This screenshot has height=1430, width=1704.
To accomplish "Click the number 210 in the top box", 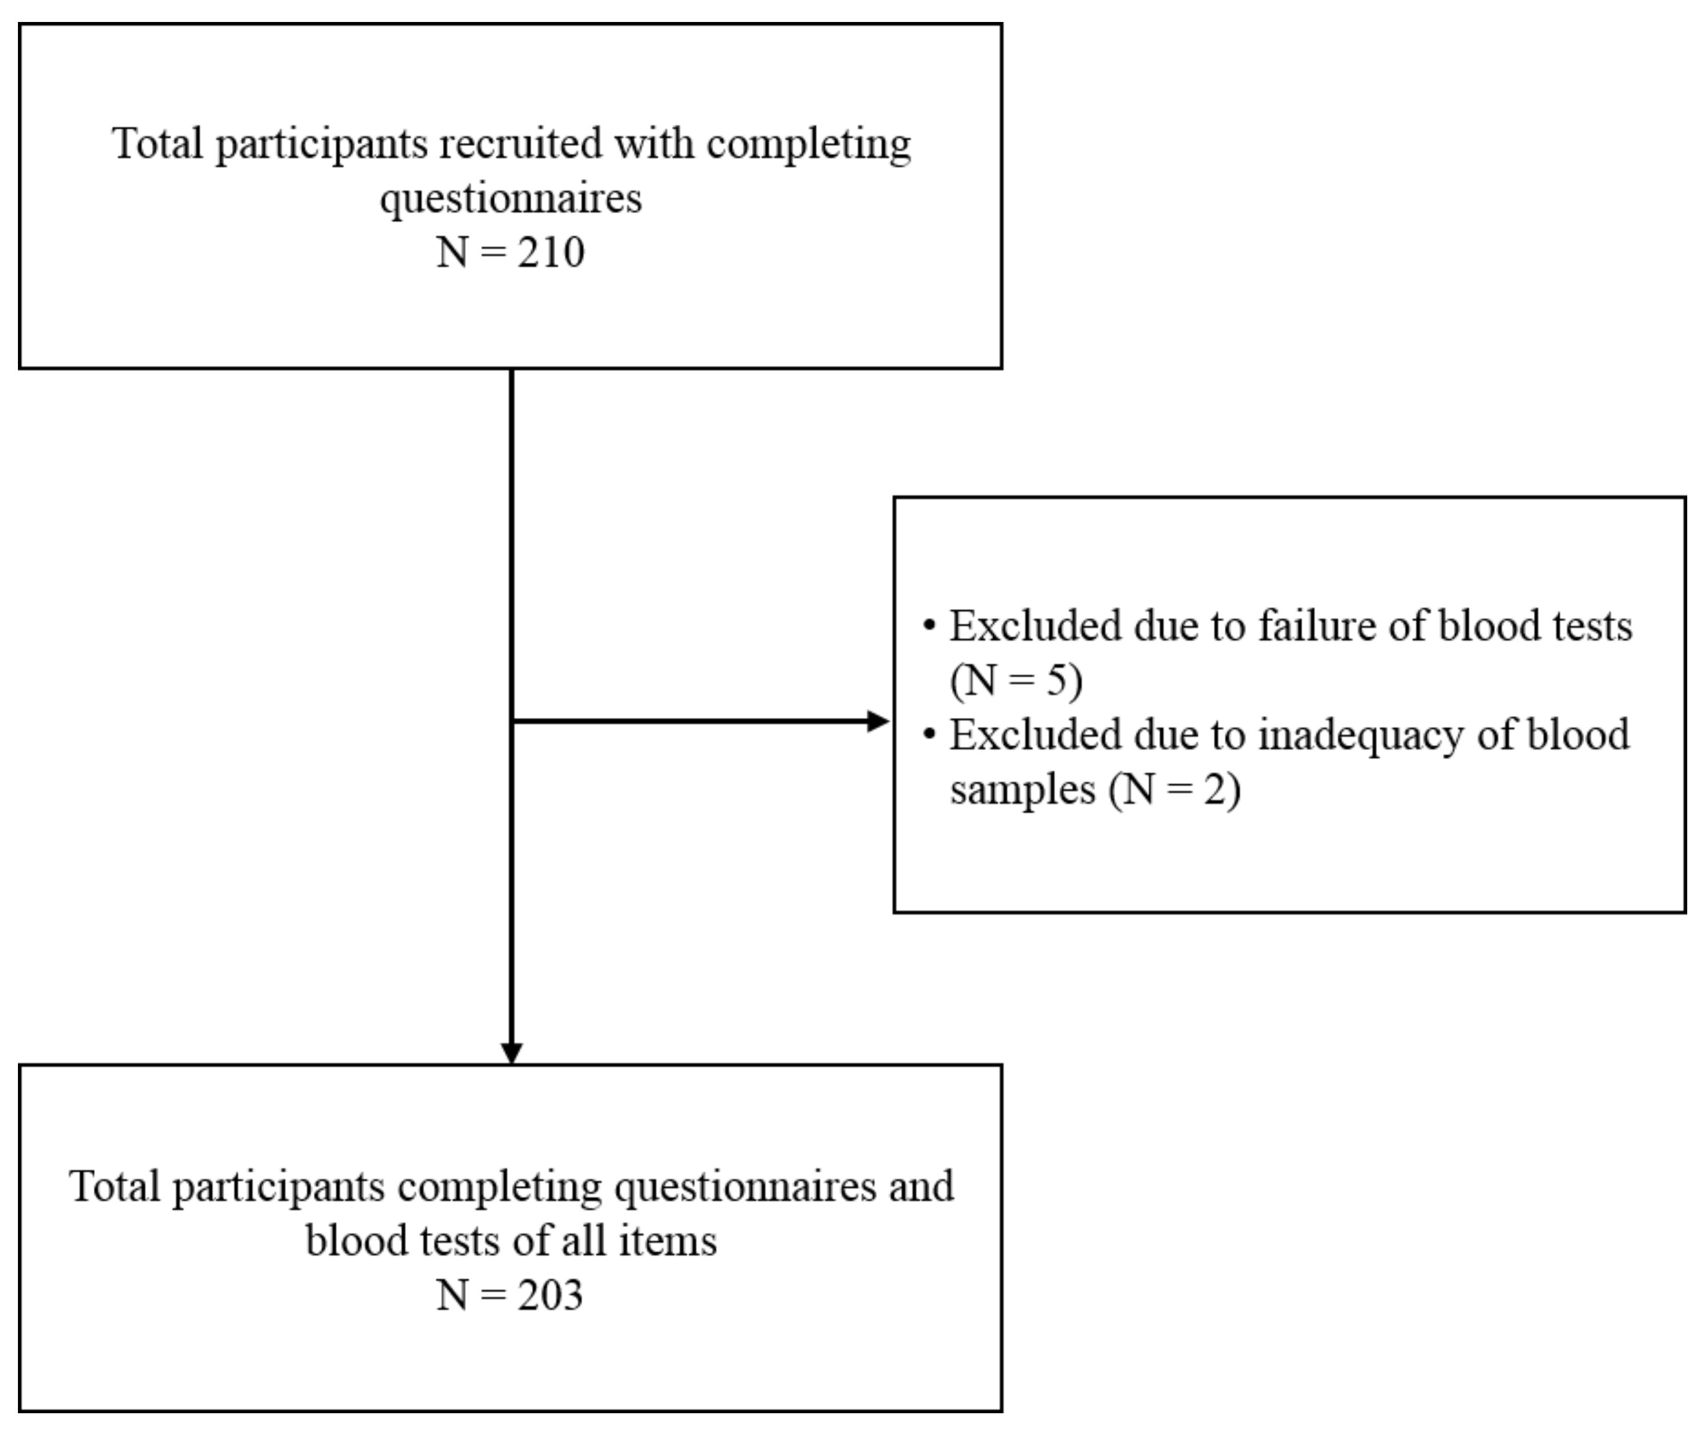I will [x=551, y=252].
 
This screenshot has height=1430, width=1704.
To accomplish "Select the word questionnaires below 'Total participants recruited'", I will [x=511, y=198].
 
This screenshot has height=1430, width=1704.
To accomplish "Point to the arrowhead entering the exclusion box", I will [x=878, y=721].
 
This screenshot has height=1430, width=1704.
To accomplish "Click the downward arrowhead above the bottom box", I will [x=511, y=1053].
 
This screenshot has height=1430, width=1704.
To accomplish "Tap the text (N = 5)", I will [x=1016, y=680].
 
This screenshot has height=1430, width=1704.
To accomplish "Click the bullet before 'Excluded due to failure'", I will [x=930, y=625].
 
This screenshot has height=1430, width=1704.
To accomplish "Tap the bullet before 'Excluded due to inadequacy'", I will [x=930, y=734].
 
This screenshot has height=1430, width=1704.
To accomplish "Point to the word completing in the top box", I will [x=808, y=145].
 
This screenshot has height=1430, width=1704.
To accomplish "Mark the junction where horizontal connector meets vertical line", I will [x=512, y=721].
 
